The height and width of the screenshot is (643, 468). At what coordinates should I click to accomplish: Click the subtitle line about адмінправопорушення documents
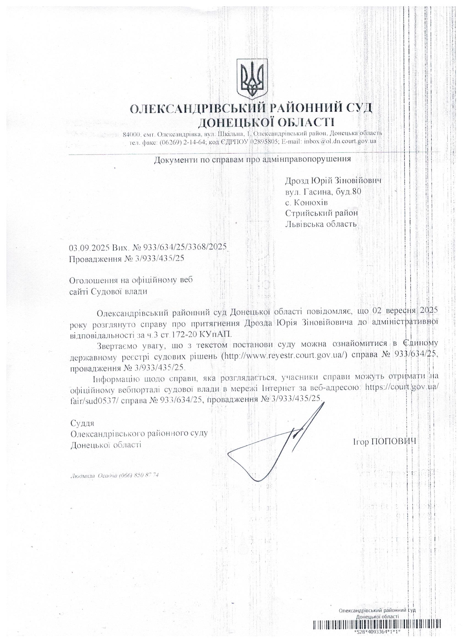[252, 159]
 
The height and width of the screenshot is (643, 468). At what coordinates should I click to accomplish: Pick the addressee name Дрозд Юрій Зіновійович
[333, 181]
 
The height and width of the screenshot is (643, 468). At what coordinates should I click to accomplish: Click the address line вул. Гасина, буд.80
[323, 192]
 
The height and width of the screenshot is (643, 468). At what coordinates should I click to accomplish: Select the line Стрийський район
[321, 213]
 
